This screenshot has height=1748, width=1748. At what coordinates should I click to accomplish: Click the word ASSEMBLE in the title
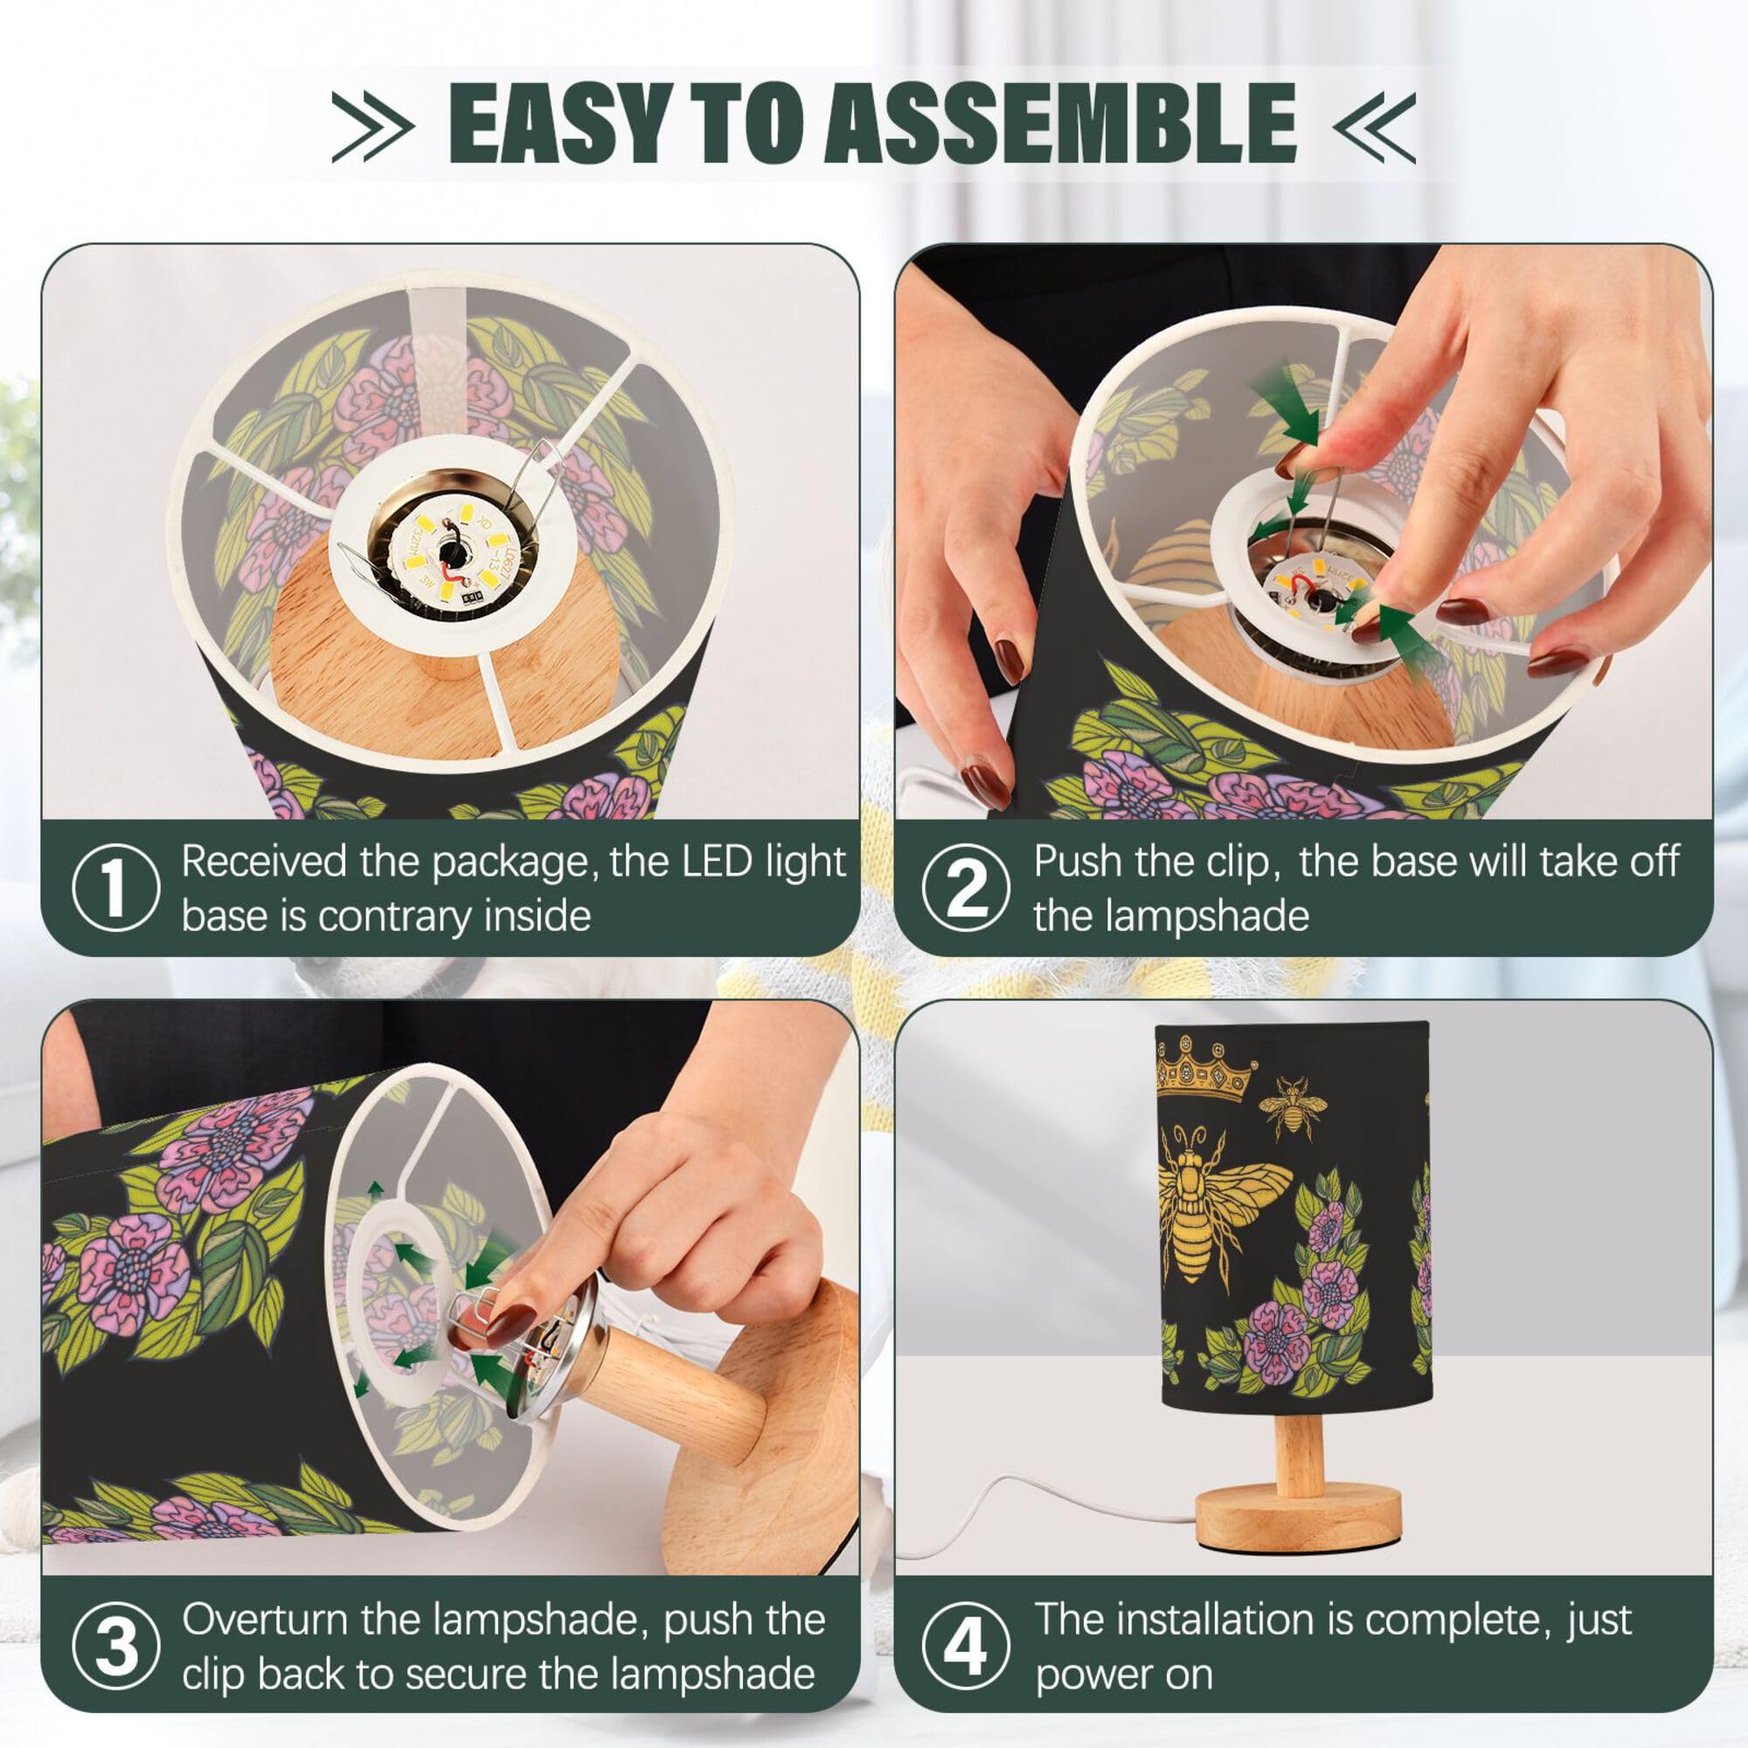click(x=1060, y=123)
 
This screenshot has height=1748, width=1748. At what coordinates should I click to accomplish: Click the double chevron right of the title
click(x=1374, y=126)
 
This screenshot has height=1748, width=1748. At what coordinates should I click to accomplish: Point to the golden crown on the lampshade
click(x=1206, y=1069)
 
